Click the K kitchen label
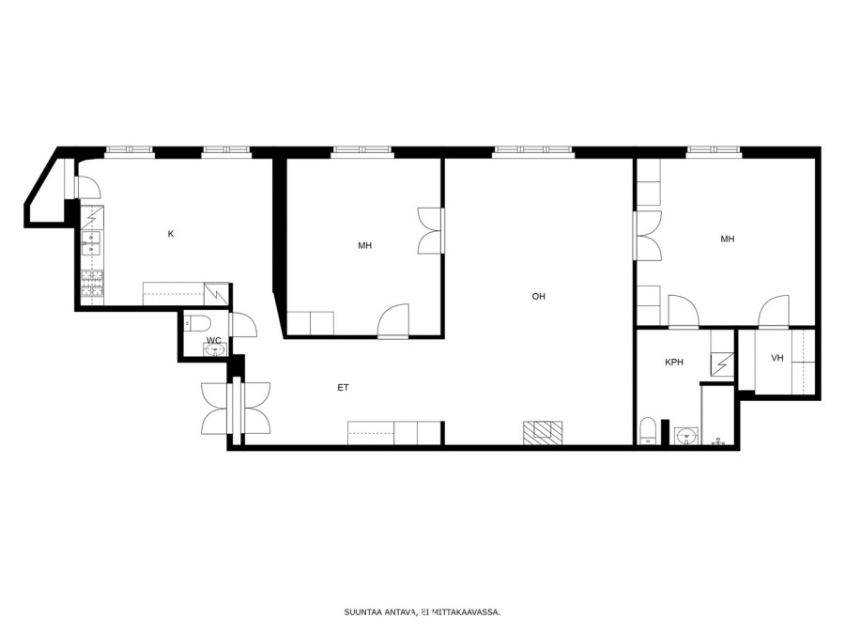[171, 234]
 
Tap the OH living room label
[538, 296]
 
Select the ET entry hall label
[343, 387]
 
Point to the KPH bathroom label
[673, 363]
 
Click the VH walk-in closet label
[777, 358]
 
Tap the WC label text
[214, 340]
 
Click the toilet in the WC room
[197, 322]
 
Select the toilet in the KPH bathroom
[647, 431]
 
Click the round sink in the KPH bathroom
[686, 435]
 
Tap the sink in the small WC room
[215, 350]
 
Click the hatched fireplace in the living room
[543, 433]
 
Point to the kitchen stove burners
[92, 284]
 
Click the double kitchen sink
[91, 242]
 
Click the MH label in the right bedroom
[728, 239]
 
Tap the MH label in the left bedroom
[365, 245]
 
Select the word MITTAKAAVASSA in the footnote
[466, 611]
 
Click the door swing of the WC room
[243, 325]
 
